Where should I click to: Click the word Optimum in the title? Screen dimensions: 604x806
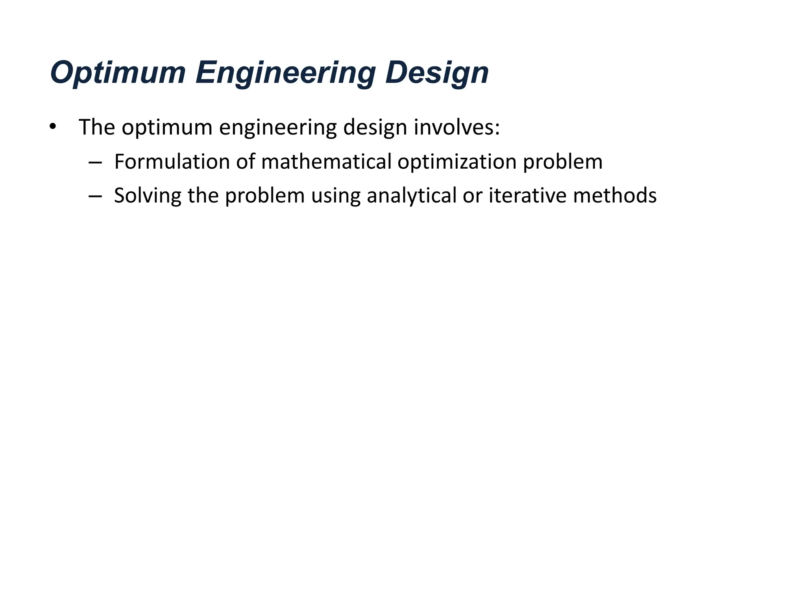tap(118, 73)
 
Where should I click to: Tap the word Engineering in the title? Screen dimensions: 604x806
tap(286, 73)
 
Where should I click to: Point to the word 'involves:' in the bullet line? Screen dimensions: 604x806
tap(457, 127)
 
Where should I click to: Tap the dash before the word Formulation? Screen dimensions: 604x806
tap(95, 162)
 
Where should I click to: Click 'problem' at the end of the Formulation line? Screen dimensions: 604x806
tap(562, 162)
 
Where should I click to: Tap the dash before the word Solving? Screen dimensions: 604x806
tap(95, 195)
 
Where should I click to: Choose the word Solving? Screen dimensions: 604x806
tap(148, 195)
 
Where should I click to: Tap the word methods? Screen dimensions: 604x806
tap(615, 195)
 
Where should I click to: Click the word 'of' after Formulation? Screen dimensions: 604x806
tap(246, 162)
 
